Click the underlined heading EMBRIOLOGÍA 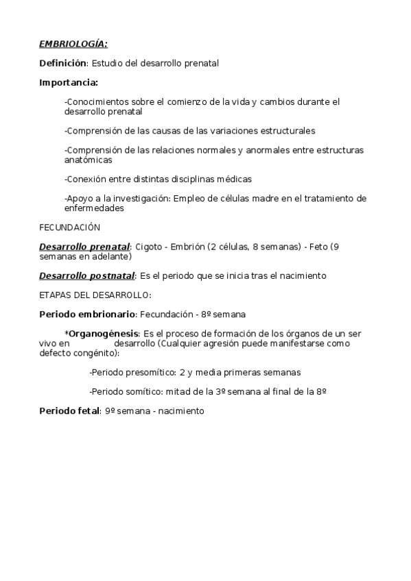click(x=73, y=45)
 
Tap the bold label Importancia click(x=68, y=83)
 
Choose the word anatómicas click(x=89, y=160)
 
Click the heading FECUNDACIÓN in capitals click(x=70, y=227)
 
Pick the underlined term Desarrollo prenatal click(x=84, y=247)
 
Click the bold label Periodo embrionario click(x=88, y=314)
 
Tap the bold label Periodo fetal click(x=69, y=411)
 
